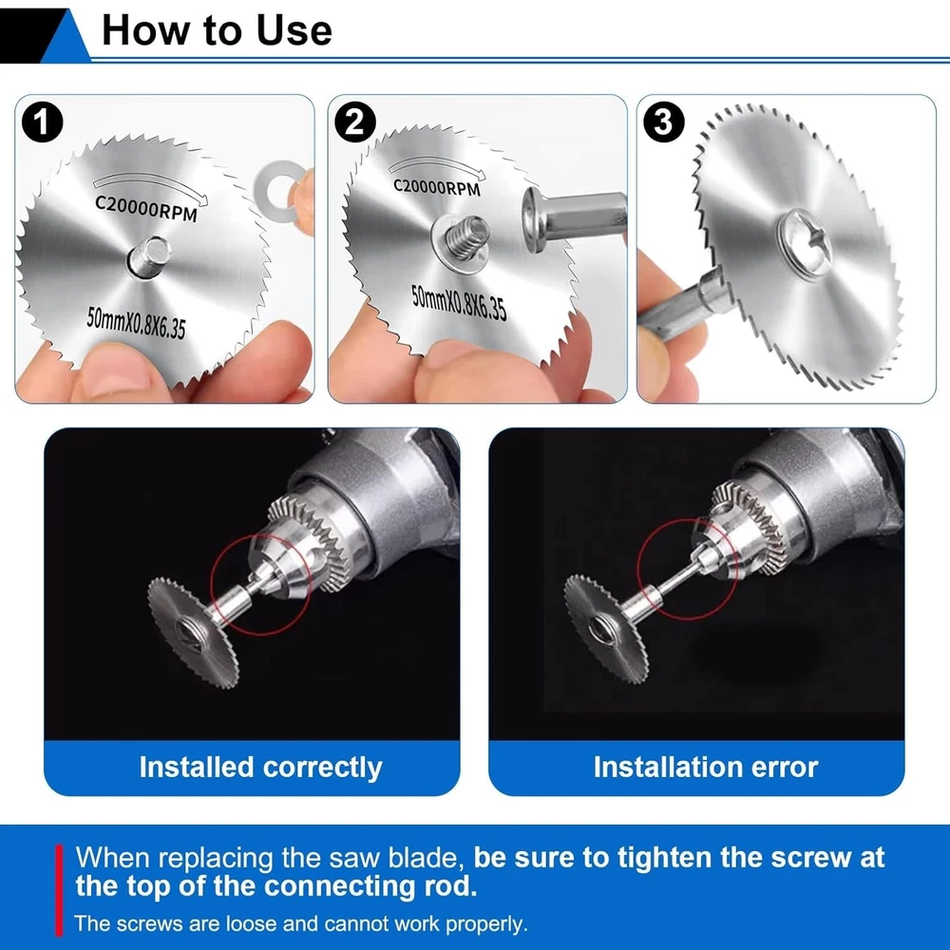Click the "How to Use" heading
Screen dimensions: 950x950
click(217, 29)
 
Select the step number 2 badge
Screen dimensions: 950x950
click(355, 122)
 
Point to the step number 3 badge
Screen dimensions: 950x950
click(664, 122)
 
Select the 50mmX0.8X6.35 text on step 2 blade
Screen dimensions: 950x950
click(459, 302)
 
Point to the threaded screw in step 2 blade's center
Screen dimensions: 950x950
click(466, 237)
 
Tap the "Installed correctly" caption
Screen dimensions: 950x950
click(260, 767)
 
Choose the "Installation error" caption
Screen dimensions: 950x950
click(705, 767)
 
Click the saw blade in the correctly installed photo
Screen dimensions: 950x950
click(194, 633)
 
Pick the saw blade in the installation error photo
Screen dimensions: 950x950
click(607, 630)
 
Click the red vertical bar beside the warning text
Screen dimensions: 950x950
click(59, 890)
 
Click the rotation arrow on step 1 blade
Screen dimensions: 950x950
click(150, 186)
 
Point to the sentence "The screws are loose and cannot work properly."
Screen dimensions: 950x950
click(301, 924)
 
